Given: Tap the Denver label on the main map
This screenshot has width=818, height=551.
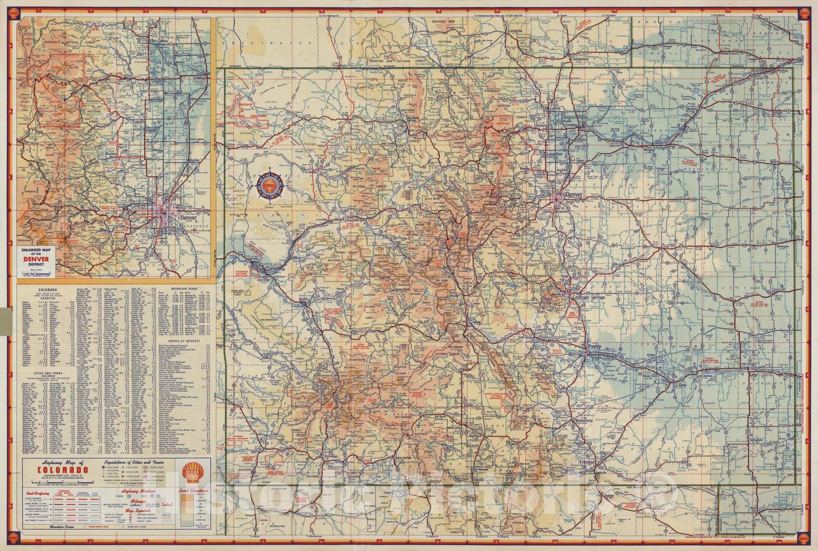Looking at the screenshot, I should (574, 195).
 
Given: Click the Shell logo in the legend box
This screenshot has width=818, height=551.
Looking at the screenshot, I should (192, 471).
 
